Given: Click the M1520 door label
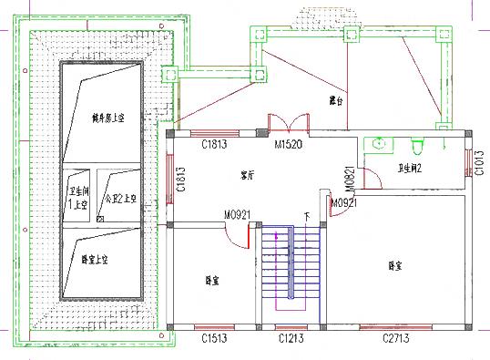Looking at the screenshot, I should (x=288, y=145).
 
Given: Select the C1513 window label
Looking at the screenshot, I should (x=215, y=339).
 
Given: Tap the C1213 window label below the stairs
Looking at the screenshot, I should (x=292, y=339).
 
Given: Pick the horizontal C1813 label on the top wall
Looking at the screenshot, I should (x=215, y=145).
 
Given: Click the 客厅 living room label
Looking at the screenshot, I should (x=248, y=175).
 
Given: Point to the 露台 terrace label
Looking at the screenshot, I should (x=338, y=100).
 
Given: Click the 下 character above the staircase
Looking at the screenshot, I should (x=306, y=218).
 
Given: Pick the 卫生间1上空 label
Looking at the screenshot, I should (x=77, y=199).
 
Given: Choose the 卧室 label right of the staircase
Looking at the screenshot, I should (x=395, y=266).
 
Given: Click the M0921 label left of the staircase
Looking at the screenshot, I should (x=239, y=216).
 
